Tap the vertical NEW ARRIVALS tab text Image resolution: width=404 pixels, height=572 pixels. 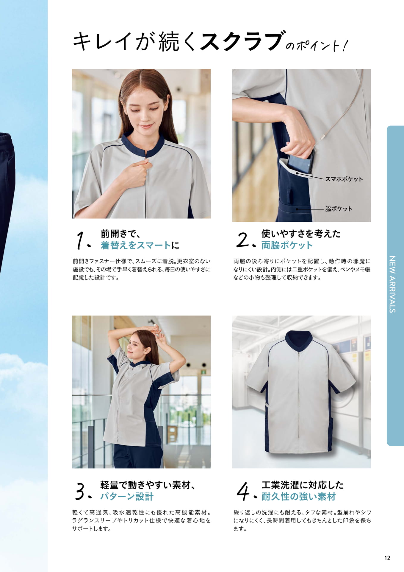392,284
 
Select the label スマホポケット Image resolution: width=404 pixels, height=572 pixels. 344,179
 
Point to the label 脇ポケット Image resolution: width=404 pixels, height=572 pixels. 339,209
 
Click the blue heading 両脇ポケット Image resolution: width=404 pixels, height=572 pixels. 287,245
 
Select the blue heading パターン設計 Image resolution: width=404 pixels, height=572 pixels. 127,497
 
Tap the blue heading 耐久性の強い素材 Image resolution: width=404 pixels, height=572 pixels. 298,497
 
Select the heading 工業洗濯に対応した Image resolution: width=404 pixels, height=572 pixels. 303,485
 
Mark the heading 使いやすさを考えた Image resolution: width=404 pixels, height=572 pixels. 301,234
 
